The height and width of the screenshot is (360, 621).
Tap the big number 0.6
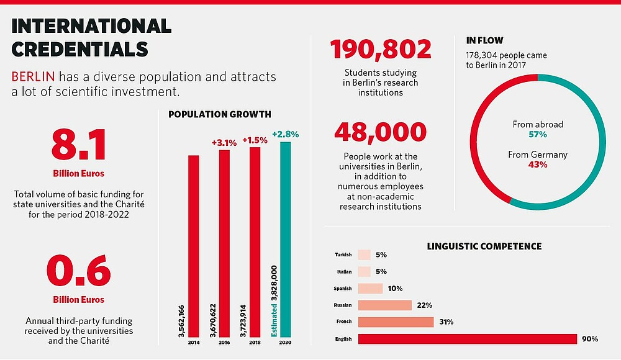(79, 271)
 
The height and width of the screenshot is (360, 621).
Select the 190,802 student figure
(380, 50)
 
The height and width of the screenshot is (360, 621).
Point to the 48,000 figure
(380, 132)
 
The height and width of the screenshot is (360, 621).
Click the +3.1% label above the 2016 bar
(224, 143)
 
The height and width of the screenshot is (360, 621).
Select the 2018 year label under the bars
(255, 342)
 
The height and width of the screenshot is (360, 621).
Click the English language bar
(468, 339)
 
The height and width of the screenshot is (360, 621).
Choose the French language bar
(396, 322)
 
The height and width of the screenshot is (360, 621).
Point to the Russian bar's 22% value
(425, 305)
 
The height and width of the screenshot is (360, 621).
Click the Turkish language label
(343, 254)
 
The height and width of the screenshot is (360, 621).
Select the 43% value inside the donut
(537, 165)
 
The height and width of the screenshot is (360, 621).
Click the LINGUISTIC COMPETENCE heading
(484, 246)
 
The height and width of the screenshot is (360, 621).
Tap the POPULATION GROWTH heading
(219, 114)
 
